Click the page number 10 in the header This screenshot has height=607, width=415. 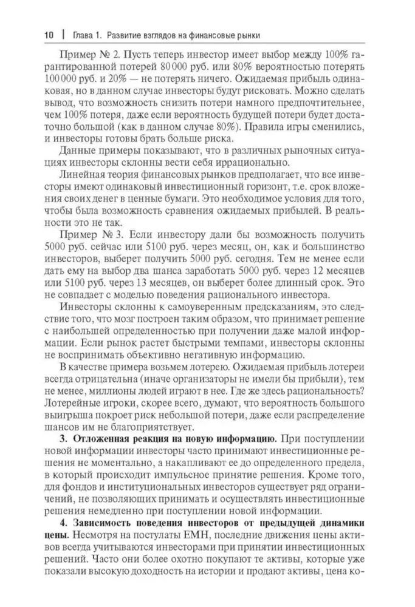[49, 35]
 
